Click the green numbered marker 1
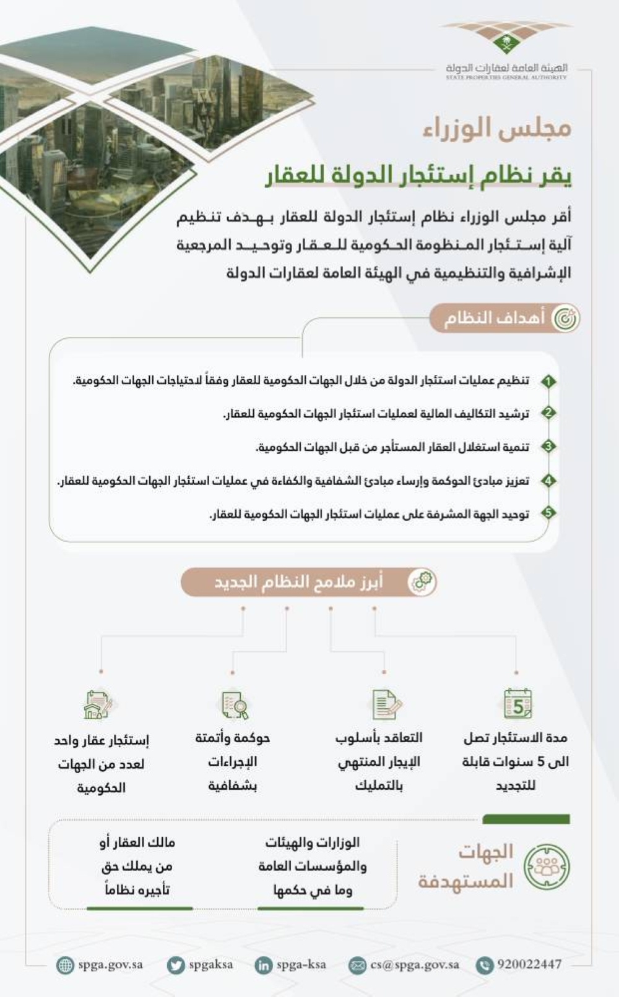click(548, 381)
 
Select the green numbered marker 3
click(548, 447)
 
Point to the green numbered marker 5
click(548, 513)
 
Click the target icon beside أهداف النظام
click(565, 319)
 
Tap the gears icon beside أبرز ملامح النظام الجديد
click(423, 582)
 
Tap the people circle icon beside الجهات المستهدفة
click(547, 866)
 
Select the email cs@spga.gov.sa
click(414, 964)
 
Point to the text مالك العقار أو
click(137, 842)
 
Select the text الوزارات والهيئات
click(313, 842)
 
